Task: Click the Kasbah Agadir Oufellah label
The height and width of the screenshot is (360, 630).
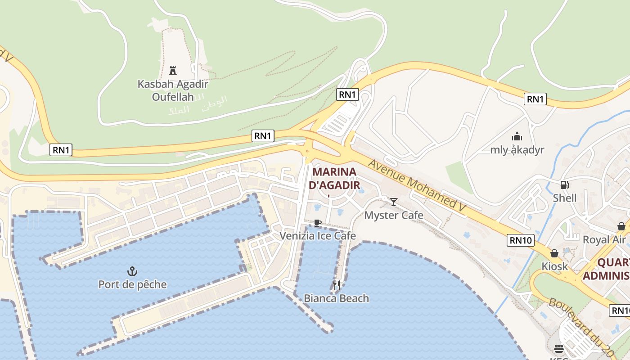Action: tap(173, 90)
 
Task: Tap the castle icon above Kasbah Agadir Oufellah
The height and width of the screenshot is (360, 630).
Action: tap(172, 70)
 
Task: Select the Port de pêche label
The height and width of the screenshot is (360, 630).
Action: tap(132, 284)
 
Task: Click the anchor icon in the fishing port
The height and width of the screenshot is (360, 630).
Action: tap(132, 271)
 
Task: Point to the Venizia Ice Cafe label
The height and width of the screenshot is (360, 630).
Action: tap(318, 236)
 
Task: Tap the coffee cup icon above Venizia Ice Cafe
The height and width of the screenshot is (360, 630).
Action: tap(318, 223)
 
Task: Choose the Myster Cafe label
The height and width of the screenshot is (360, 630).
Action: tap(394, 215)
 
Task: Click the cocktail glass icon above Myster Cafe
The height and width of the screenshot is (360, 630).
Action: tap(394, 202)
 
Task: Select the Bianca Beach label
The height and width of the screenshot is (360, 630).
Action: tap(336, 298)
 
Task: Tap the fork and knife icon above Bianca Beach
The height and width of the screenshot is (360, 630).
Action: tap(336, 284)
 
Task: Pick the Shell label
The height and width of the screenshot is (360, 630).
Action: tap(565, 198)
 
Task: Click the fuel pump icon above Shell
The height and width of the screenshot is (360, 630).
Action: tap(564, 184)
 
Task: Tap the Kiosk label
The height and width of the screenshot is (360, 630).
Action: tap(554, 266)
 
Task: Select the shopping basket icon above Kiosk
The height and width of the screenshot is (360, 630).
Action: tap(554, 253)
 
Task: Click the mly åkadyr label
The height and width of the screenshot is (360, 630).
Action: tap(517, 150)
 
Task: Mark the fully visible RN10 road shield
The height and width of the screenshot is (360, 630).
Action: tap(521, 240)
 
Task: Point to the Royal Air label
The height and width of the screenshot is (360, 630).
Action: tap(605, 239)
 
